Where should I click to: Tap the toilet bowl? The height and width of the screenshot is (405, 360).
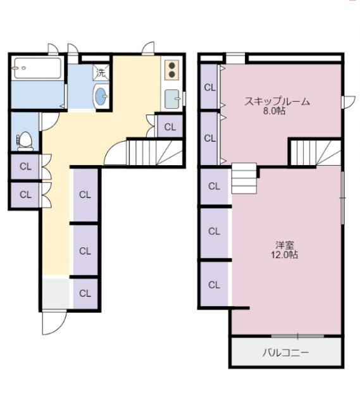pos(25,140)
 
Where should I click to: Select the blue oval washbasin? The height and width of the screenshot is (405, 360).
pos(101,96)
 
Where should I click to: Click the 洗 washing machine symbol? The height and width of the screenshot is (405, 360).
pos(101,72)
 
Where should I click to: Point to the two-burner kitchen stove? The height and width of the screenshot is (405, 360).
pos(171,70)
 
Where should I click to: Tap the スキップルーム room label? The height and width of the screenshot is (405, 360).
pos(276,101)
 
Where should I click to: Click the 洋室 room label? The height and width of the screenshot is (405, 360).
pos(284,245)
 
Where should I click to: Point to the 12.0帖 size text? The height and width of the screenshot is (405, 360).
pos(284,255)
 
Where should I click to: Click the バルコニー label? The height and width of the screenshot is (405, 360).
pos(286,352)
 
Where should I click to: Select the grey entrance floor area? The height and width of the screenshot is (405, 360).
pos(55,293)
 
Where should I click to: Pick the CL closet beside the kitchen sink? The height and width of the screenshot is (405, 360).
pos(170,127)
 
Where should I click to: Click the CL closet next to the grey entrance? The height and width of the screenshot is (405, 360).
pos(85,294)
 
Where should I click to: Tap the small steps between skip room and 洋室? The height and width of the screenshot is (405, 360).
pos(244,178)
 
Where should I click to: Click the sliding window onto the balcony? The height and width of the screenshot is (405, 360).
pos(297,335)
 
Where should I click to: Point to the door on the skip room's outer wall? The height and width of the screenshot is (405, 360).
pos(347,101)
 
